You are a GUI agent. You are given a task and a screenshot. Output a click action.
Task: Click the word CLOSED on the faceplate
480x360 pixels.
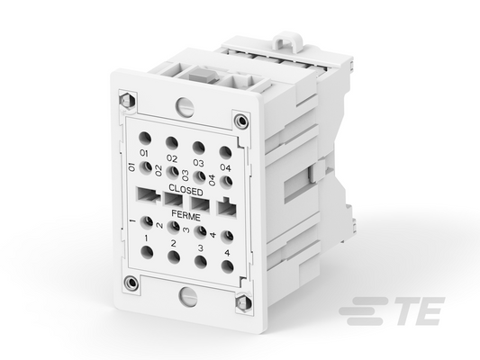click(x=186, y=190)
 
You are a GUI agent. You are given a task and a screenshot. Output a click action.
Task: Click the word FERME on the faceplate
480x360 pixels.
click(x=186, y=215)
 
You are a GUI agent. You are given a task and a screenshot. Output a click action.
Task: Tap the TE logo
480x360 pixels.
click(x=392, y=310)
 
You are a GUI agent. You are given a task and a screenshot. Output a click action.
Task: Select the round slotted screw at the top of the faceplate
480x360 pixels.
click(x=185, y=106)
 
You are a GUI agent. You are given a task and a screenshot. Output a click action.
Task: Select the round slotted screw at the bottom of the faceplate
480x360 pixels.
click(x=188, y=296)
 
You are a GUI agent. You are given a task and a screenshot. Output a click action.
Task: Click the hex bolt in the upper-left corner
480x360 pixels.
click(x=126, y=100)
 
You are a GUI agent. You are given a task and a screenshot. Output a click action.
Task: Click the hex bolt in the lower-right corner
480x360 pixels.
click(x=244, y=303)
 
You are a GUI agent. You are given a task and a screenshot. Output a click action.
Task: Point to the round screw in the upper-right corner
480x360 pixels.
click(x=240, y=121)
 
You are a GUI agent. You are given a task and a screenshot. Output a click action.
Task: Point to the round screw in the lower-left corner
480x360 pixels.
click(x=131, y=282)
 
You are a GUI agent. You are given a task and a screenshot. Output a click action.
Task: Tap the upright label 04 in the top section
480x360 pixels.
click(x=226, y=167)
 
